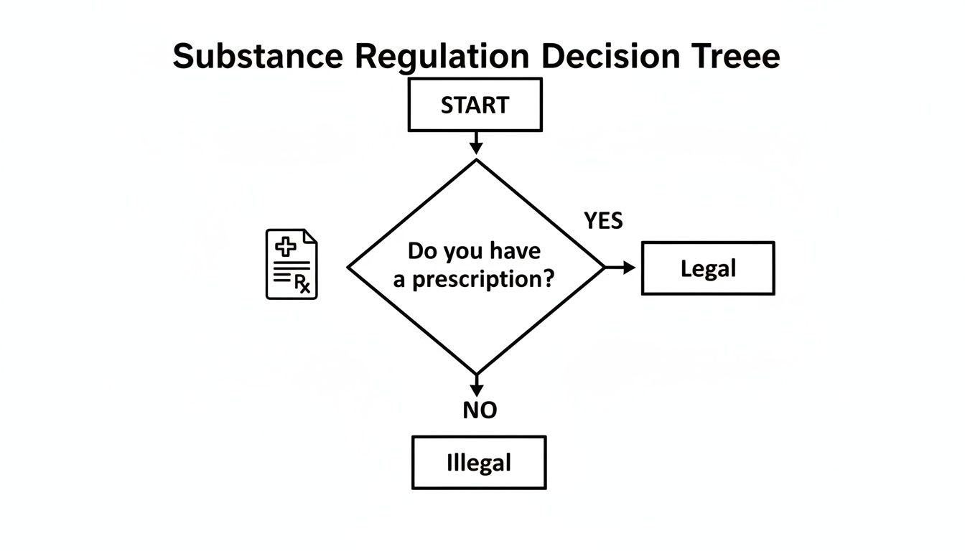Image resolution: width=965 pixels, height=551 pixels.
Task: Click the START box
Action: click(x=475, y=105)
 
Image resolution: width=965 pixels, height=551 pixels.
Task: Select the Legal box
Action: click(x=707, y=268)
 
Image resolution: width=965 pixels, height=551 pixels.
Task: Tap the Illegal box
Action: click(x=479, y=463)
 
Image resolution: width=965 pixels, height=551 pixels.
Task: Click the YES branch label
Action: click(x=603, y=221)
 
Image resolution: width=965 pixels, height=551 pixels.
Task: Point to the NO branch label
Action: click(x=480, y=410)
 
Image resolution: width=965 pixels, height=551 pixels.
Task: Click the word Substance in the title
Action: click(x=258, y=56)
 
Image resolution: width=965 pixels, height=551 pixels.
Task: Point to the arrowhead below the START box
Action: click(x=476, y=147)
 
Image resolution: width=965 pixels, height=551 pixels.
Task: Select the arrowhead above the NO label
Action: click(x=476, y=390)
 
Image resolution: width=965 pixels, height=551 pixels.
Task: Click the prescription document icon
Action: click(x=292, y=264)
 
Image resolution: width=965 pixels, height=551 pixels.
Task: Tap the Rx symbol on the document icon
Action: click(x=303, y=285)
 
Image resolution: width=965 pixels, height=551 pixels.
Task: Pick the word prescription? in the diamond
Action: click(x=493, y=279)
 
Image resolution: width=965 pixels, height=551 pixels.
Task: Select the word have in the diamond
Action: click(x=516, y=251)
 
